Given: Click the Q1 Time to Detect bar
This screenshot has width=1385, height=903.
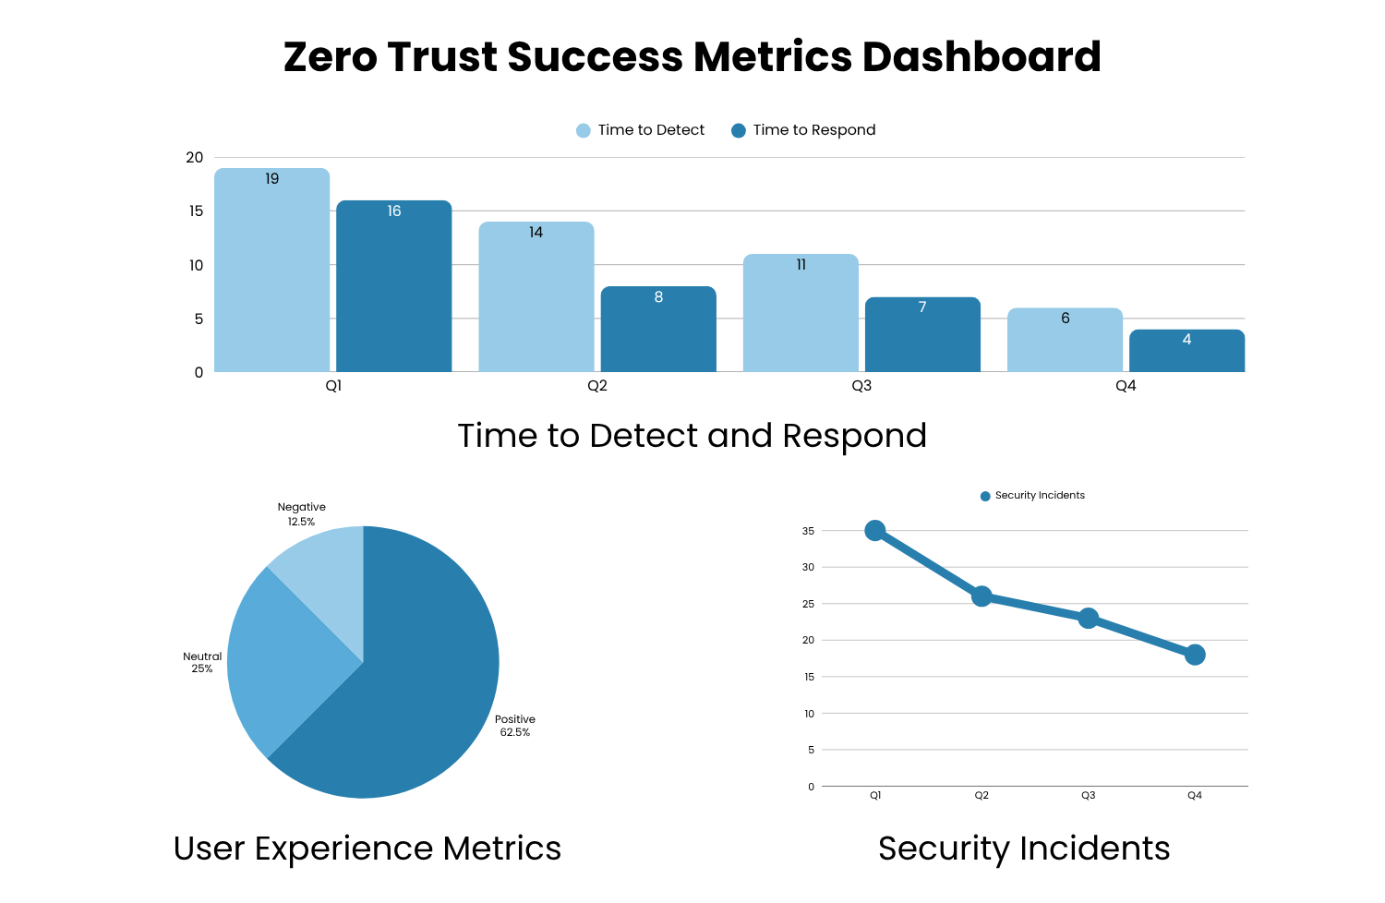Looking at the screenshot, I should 271,272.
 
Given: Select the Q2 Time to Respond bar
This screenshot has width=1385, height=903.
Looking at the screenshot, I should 658,331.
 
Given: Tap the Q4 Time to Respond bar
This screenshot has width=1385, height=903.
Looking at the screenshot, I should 1186,352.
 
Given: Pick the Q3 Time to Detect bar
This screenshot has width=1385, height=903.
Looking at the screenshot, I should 801,314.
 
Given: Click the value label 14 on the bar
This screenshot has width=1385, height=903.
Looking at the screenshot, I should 536,233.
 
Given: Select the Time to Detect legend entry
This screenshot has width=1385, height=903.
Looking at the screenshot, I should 640,130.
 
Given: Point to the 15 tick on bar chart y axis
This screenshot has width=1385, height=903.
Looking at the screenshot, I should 196,211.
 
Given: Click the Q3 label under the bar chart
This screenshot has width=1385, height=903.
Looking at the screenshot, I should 861,386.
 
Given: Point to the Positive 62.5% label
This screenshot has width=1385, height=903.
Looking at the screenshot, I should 514,726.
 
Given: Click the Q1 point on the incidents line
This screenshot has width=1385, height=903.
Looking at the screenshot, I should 874,531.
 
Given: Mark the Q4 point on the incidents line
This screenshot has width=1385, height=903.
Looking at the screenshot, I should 1195,655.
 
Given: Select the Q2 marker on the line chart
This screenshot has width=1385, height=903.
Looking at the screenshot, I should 982,596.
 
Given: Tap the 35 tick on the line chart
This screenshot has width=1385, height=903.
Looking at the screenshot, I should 808,531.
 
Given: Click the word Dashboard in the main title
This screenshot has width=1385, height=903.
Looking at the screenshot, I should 981,57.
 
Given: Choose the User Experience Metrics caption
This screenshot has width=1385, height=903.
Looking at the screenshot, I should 367,849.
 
